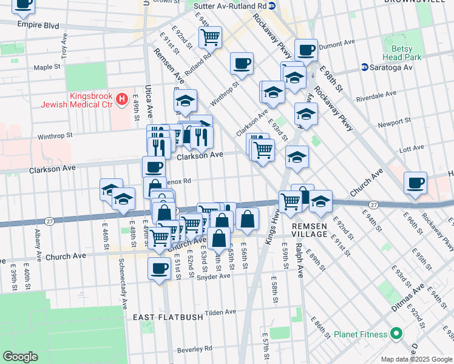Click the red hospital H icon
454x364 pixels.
[123, 98]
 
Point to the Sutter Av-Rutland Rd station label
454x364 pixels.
[230, 5]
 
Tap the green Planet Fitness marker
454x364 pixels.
[396, 334]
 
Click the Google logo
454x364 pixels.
[20, 356]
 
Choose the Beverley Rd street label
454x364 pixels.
[194, 349]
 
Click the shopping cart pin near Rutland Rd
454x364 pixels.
[210, 36]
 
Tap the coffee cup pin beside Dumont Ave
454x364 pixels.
[306, 49]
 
